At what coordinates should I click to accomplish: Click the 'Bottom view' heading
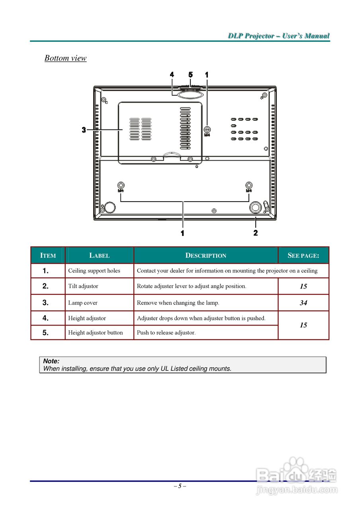tap(65, 58)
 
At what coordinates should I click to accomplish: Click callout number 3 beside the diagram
tap(84, 130)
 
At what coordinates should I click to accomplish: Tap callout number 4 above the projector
tap(172, 75)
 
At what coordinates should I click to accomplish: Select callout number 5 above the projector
tap(190, 75)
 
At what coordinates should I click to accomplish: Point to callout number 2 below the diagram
tap(255, 233)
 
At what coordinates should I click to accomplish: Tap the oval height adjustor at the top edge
tap(191, 94)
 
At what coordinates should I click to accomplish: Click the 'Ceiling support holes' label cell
tap(94, 271)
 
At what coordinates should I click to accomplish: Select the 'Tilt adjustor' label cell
tap(83, 286)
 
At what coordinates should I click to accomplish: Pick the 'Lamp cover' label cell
tap(83, 303)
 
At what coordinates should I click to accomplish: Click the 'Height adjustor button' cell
tap(96, 333)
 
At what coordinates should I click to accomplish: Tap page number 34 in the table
tap(303, 303)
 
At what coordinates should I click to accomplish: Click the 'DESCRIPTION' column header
tap(206, 256)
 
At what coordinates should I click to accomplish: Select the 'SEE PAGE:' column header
tap(303, 256)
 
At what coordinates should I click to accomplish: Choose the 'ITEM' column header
tap(48, 256)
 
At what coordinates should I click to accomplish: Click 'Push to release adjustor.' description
tap(166, 333)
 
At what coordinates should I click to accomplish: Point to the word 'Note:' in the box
tap(51, 361)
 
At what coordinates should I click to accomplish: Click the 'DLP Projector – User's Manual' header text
tap(279, 36)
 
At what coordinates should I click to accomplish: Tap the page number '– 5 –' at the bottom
tap(180, 486)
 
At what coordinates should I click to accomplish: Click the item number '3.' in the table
tap(46, 303)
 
